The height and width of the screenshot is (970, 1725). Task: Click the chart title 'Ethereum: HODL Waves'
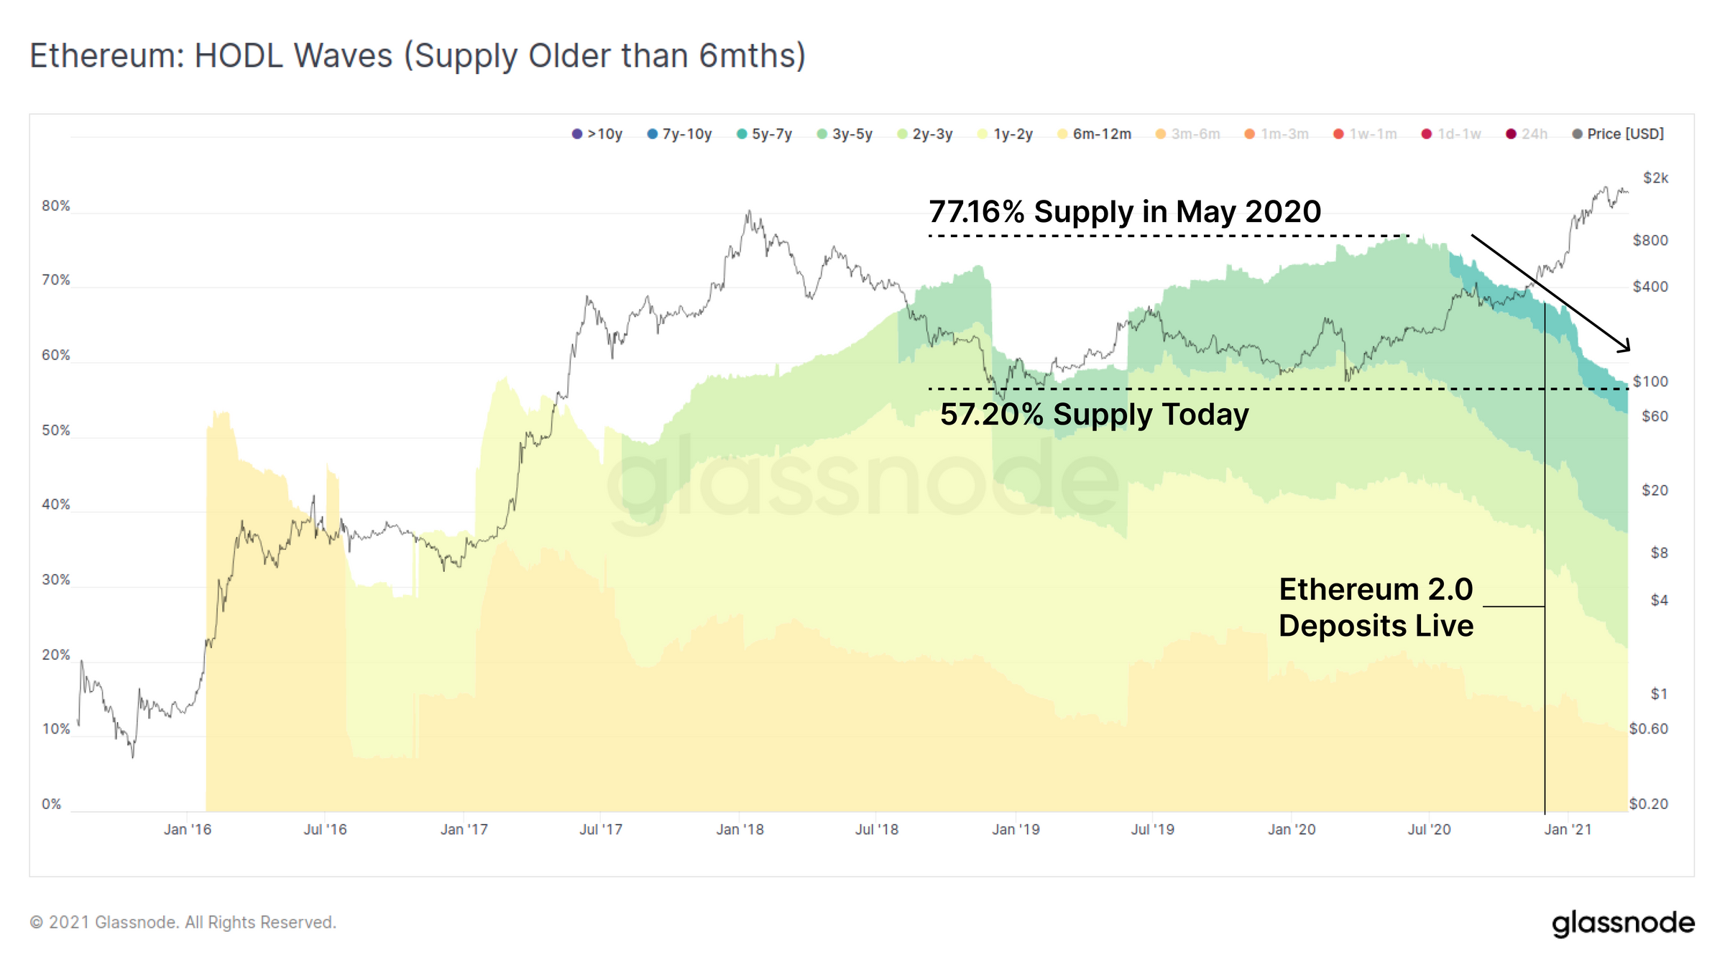417,56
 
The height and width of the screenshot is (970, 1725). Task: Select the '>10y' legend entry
597,134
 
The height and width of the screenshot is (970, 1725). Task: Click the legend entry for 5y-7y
765,134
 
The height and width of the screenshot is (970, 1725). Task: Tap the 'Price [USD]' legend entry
1618,134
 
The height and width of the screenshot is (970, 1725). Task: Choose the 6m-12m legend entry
1095,134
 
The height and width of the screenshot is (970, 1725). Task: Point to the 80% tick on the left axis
56,206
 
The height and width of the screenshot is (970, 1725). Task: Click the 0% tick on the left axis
52,804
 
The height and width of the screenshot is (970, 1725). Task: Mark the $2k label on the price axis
1655,178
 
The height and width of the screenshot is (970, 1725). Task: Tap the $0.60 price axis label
1648,729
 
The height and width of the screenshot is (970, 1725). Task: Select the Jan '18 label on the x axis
740,830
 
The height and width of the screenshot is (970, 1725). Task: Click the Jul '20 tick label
1429,830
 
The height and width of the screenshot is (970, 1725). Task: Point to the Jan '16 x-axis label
188,830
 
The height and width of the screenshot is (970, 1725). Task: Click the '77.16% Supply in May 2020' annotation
1125,212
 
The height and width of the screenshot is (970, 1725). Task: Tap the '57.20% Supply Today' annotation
1094,415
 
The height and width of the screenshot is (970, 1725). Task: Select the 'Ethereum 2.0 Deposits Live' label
1376,608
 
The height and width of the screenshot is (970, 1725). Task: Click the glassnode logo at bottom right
1623,923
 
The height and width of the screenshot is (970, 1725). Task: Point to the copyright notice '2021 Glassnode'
183,923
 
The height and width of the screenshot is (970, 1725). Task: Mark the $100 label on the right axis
1650,382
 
